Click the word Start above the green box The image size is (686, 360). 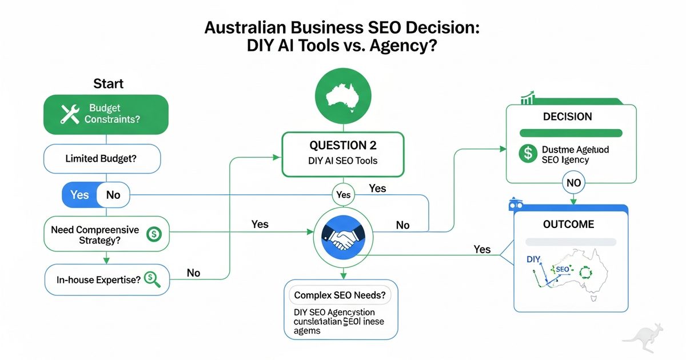click(x=108, y=84)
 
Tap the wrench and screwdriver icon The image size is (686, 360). click(x=70, y=113)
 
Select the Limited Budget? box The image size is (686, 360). click(x=102, y=158)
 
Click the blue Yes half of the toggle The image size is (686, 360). click(x=79, y=195)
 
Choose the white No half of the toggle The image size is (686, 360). click(x=113, y=195)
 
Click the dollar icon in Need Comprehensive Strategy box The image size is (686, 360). click(x=154, y=234)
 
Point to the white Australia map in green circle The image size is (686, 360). click(x=343, y=95)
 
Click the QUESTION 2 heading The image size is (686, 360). click(x=343, y=145)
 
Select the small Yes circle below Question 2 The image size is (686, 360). click(x=343, y=195)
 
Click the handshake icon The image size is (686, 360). click(x=342, y=235)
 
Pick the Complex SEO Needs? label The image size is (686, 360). click(x=340, y=296)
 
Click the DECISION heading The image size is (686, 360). click(x=567, y=117)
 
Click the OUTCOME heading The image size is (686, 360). click(x=570, y=224)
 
